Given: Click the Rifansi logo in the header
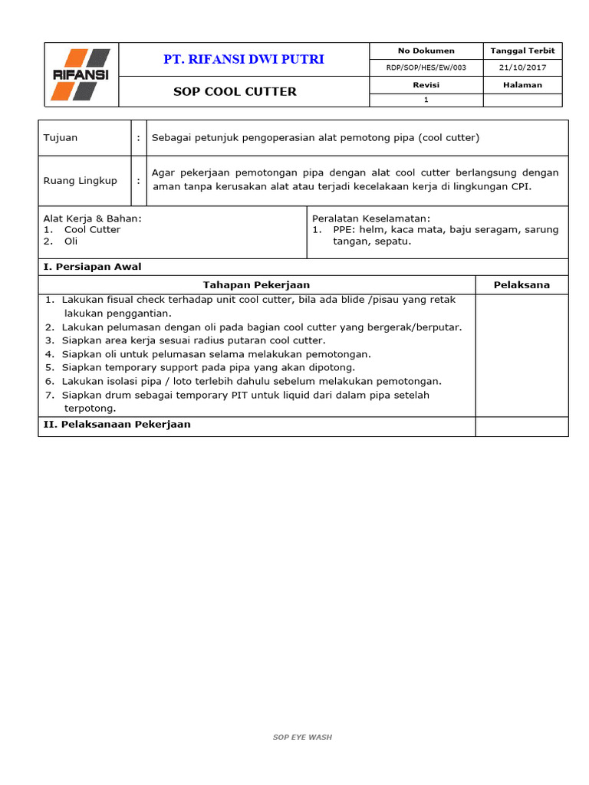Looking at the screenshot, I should tap(81, 74).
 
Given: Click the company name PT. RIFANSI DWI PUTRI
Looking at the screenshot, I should tap(244, 59).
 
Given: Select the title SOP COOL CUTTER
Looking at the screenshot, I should tap(235, 91).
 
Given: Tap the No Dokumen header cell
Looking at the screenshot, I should tap(426, 51).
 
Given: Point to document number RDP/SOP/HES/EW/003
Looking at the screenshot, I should tap(426, 67).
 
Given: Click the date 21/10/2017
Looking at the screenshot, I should tap(522, 67).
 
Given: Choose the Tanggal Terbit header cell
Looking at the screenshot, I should tap(522, 51).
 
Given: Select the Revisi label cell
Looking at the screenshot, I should tap(426, 84).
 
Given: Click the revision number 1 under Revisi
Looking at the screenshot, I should tap(426, 100).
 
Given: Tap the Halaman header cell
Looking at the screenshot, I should tap(522, 84).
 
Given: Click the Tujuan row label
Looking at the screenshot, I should tap(61, 138).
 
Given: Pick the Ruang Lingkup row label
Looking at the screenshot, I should tap(81, 181).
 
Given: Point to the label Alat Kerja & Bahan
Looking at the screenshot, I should tap(93, 218).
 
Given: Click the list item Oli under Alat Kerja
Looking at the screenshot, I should tap(72, 241).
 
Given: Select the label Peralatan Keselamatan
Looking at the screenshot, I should tap(371, 218).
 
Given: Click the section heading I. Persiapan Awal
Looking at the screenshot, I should tap(93, 267).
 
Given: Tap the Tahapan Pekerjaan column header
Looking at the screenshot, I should tap(256, 284).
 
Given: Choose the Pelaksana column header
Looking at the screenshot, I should tap(522, 284).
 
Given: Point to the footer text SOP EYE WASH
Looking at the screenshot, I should tap(302, 737).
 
